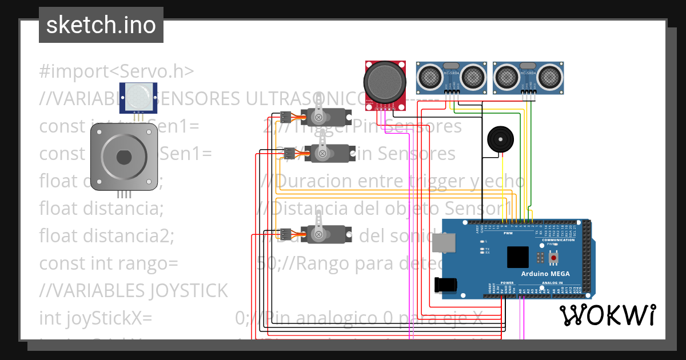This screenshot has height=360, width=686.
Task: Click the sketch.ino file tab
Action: click(101, 25)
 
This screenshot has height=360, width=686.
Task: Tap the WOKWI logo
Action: click(607, 315)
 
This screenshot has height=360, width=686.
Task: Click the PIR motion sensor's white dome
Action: click(138, 97)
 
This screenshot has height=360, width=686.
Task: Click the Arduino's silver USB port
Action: click(444, 242)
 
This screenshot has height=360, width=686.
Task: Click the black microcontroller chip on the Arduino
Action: click(518, 257)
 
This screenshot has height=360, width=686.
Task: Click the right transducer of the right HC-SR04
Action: click(549, 75)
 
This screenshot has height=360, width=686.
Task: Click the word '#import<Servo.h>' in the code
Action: click(117, 71)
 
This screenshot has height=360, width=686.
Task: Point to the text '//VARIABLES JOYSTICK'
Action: click(133, 291)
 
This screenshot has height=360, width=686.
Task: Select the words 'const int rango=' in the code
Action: click(109, 263)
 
